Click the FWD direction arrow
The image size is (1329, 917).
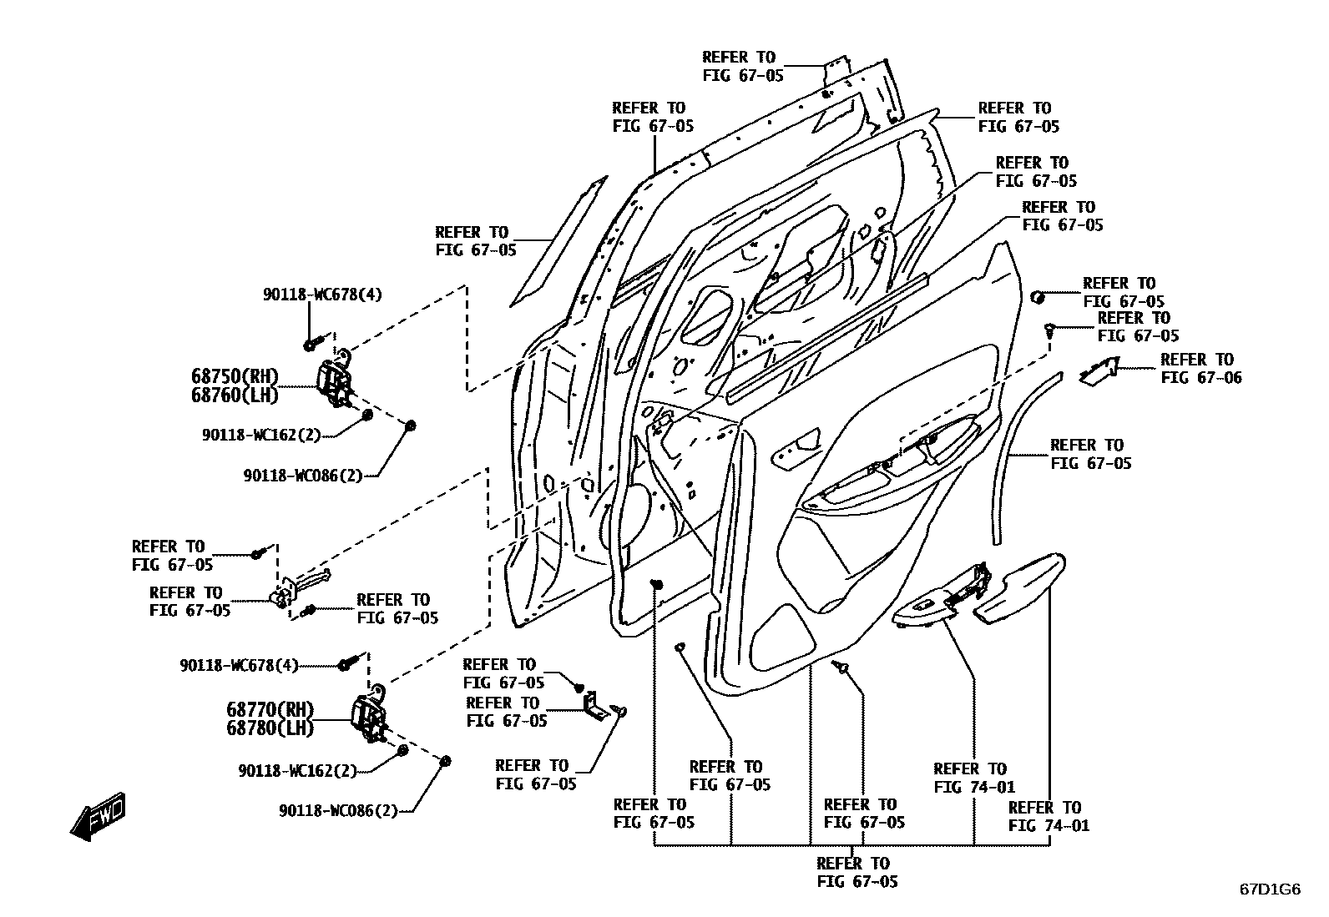pyautogui.click(x=99, y=817)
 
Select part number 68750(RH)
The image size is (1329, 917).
pyautogui.click(x=235, y=376)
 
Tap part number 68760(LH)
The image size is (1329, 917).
pyautogui.click(x=235, y=395)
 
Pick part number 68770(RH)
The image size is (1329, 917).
pyautogui.click(x=270, y=709)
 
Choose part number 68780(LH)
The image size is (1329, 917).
pyautogui.click(x=270, y=728)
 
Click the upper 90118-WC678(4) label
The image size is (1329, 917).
pyautogui.click(x=322, y=294)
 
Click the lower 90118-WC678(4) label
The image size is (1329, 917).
pyautogui.click(x=239, y=666)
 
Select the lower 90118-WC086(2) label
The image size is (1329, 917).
pyautogui.click(x=338, y=810)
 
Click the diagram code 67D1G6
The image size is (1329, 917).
pyautogui.click(x=1269, y=889)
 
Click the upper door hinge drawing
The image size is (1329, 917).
pyautogui.click(x=336, y=385)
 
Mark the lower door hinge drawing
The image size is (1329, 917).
pyautogui.click(x=369, y=716)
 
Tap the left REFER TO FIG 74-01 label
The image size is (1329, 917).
pyautogui.click(x=974, y=777)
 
